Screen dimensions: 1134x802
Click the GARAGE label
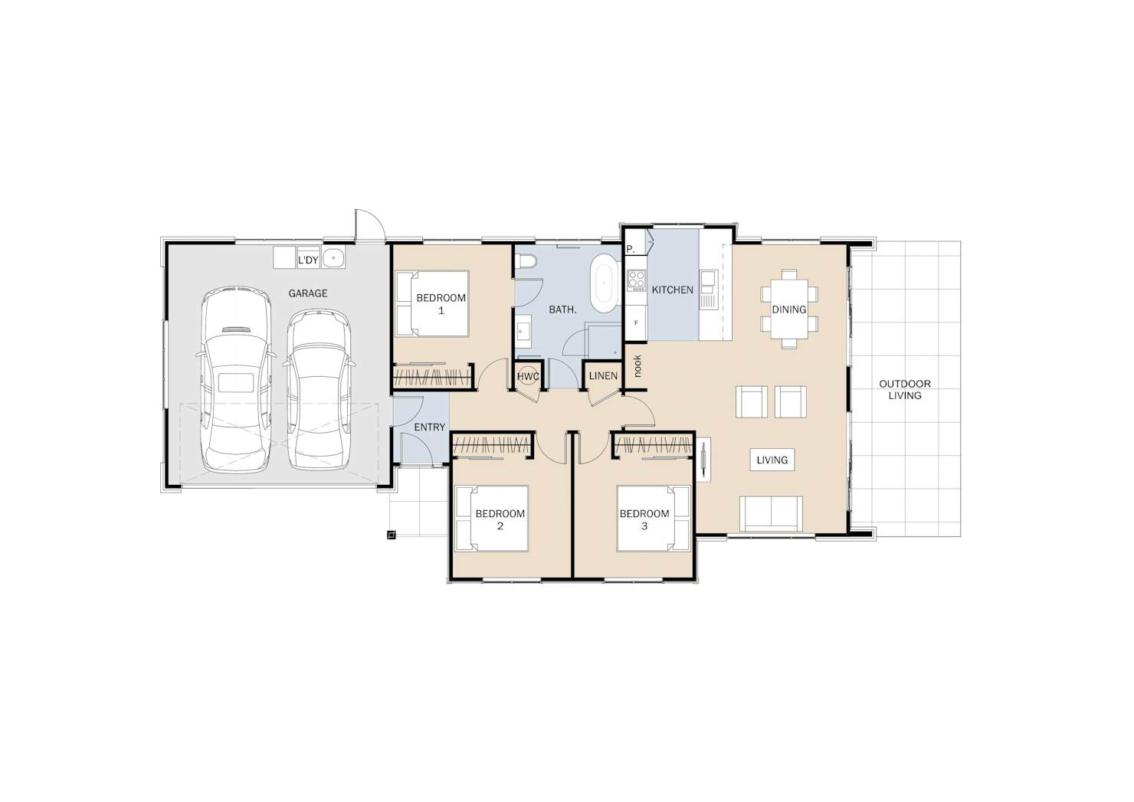308,293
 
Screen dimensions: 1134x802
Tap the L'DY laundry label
308,260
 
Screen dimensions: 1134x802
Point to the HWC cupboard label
528,376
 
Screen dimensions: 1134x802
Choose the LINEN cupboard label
603,376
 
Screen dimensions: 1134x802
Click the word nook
637,366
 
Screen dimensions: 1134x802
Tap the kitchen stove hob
636,280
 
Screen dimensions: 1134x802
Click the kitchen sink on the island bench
708,290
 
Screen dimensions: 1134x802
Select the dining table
789,309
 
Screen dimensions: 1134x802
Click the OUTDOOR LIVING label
905,390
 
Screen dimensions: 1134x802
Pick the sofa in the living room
771,513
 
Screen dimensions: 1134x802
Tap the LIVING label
772,460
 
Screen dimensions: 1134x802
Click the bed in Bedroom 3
654,519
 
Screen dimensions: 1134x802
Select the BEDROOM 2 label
500,519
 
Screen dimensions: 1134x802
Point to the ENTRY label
429,427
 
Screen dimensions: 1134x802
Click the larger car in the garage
236,380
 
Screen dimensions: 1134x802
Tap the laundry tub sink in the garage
333,257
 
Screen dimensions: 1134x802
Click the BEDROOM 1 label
441,304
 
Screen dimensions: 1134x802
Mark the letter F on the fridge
636,322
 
